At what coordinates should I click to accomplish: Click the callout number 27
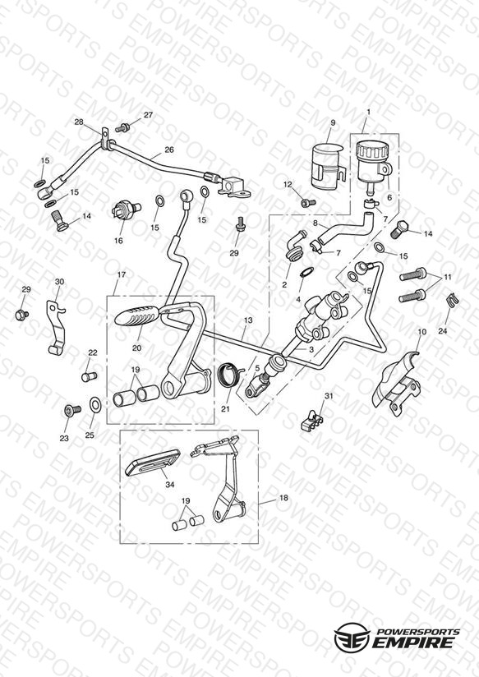(148, 115)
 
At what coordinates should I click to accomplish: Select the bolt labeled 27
(122, 127)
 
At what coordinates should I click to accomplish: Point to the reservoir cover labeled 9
(328, 167)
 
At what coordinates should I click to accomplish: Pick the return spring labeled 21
(230, 374)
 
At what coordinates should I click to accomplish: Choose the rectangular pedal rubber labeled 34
(153, 463)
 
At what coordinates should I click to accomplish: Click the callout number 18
(283, 498)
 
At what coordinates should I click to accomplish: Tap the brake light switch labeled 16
(125, 210)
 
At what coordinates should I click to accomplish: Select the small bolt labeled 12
(308, 201)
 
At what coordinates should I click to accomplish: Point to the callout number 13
(247, 320)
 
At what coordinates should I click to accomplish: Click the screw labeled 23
(72, 409)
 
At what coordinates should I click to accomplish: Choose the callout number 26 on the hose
(169, 150)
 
